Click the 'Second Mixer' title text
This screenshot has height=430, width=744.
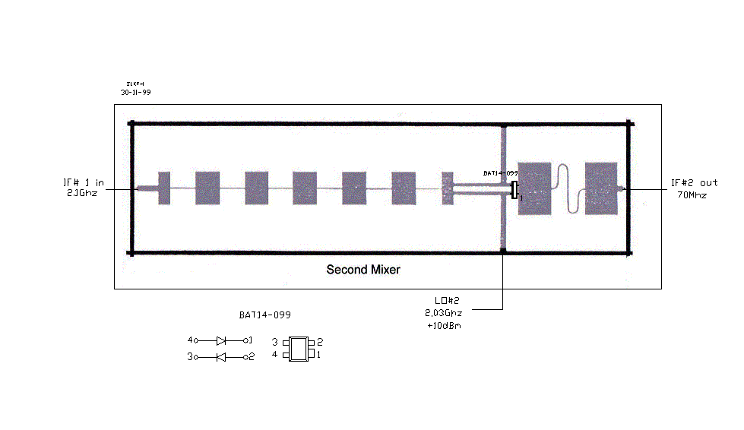363,269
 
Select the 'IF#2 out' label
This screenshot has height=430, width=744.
694,182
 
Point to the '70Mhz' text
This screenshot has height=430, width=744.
692,194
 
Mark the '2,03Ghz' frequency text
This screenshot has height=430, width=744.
443,313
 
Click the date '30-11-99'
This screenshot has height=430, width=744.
136,92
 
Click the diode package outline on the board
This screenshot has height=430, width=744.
514,190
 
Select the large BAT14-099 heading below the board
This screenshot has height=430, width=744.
264,314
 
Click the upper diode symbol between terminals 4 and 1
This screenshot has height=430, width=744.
221,341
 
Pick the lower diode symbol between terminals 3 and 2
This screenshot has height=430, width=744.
221,356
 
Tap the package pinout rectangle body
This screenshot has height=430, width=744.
300,349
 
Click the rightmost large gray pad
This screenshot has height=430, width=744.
601,188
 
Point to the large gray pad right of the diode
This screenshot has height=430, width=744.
534,188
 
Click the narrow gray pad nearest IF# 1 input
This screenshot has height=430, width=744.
164,188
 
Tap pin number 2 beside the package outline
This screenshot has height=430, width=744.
321,343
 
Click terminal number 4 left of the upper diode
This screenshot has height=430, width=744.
190,340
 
